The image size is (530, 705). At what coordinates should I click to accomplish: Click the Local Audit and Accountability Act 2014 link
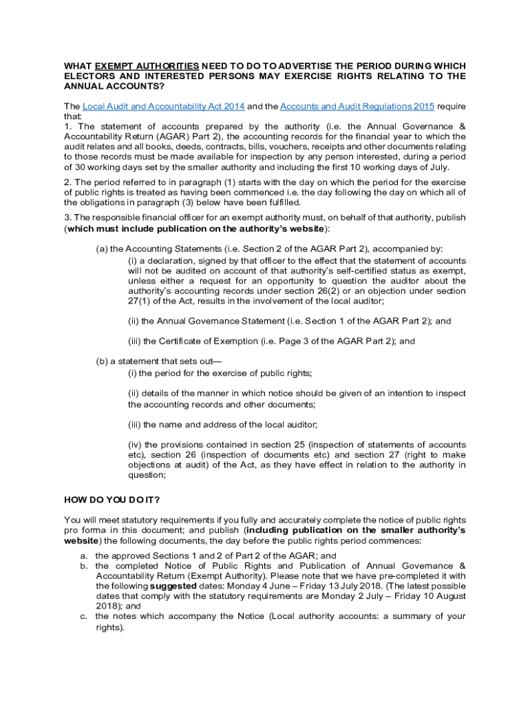163,107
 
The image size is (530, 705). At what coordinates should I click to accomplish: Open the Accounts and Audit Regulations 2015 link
357,107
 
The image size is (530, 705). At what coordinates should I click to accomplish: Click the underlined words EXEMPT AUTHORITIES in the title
147,66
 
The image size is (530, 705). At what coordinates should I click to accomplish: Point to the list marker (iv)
136,445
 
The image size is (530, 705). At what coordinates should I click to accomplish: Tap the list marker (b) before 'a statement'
102,361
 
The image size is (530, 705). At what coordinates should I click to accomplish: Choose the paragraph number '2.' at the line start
68,182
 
